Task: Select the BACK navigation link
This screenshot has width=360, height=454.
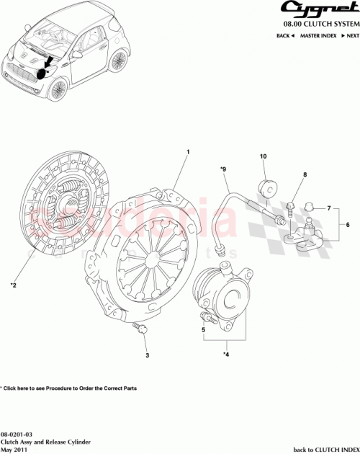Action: [x=285, y=35]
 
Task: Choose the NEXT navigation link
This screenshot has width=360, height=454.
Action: [x=348, y=35]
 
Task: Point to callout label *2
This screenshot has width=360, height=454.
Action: [x=13, y=285]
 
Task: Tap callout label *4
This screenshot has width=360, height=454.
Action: [x=226, y=355]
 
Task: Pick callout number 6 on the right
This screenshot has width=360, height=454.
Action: [x=348, y=226]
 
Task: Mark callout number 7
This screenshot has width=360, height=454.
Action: [x=328, y=209]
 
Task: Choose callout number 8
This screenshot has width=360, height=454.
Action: [x=305, y=175]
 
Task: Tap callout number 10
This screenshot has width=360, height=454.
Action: [x=263, y=156]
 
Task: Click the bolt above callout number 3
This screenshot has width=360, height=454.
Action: [x=141, y=329]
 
